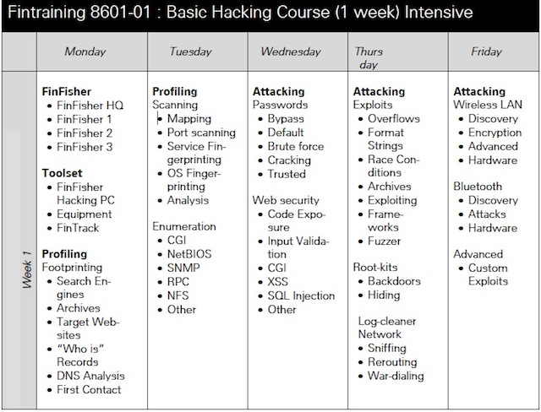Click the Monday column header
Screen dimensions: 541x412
pos(85,51)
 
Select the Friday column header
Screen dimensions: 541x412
pos(487,51)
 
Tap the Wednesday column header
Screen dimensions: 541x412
pos(291,51)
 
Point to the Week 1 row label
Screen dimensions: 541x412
pos(27,269)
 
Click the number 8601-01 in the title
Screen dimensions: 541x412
pos(120,13)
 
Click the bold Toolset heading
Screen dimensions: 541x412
pos(62,173)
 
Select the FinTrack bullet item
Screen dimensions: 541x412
pos(78,228)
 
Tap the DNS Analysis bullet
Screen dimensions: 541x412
pos(90,376)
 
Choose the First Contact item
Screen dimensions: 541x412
pos(89,389)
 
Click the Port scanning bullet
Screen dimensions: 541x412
pos(201,133)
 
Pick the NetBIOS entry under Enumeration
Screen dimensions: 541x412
pos(189,254)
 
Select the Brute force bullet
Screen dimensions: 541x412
pos(296,146)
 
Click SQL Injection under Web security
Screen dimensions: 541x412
pos(301,295)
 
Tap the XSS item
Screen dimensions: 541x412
pos(278,282)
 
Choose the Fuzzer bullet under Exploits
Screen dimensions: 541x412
pos(385,241)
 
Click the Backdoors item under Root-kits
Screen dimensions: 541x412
pos(395,281)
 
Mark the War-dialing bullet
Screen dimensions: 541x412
pos(396,376)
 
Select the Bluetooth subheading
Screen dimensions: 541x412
pos(478,187)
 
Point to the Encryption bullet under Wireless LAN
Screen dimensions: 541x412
pos(495,133)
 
